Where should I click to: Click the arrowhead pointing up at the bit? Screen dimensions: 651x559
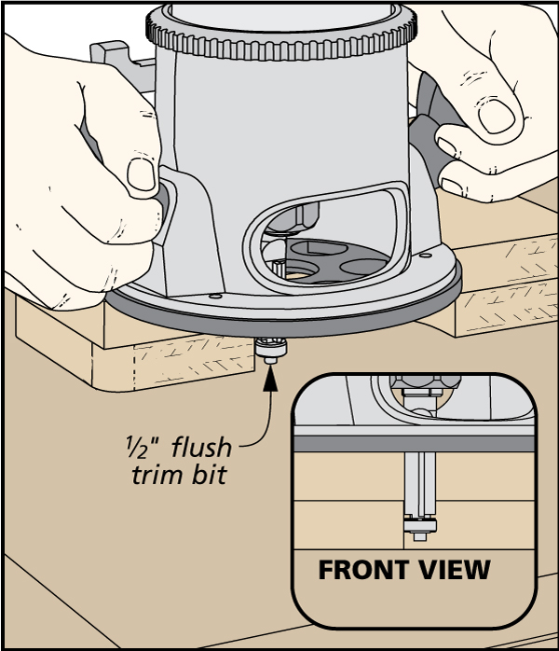tap(271, 376)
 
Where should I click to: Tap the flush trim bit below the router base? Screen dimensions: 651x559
tap(270, 350)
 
